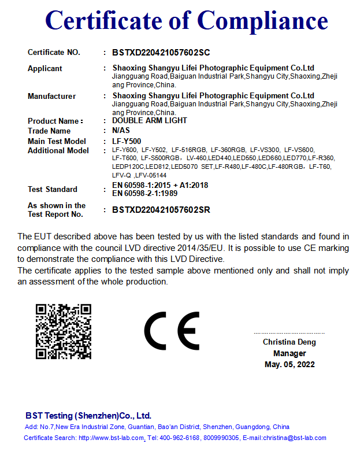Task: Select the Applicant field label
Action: pos(45,69)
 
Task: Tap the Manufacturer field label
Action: pos(52,97)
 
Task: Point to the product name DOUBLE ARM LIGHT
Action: pos(150,121)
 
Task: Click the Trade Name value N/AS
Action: pos(122,131)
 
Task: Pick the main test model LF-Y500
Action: pos(127,141)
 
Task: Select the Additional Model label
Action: pos(58,151)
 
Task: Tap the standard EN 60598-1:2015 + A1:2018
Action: pos(160,185)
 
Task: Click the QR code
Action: pos(64,331)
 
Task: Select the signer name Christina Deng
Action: pos(290,342)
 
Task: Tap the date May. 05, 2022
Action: pos(290,364)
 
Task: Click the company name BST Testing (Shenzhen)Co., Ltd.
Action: pos(88,416)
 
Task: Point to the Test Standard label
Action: pos(53,190)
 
